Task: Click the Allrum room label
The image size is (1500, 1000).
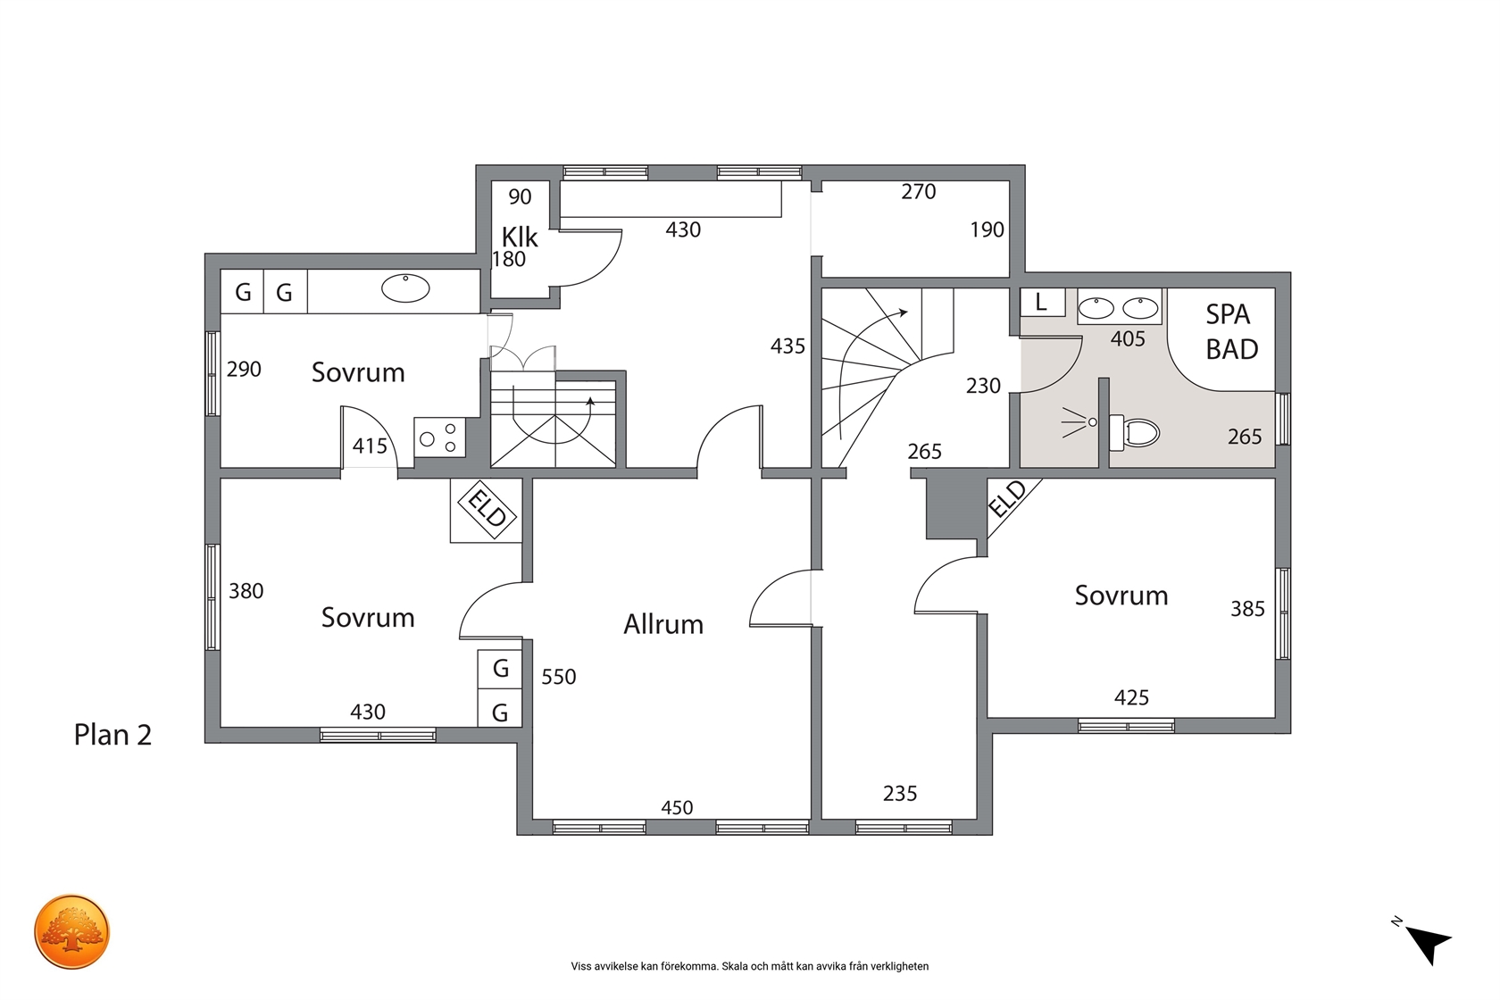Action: click(x=662, y=624)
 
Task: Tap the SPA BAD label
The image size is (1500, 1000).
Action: click(x=1231, y=331)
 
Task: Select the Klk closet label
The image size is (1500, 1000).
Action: click(x=520, y=237)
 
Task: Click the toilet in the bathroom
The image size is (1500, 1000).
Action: click(x=1134, y=432)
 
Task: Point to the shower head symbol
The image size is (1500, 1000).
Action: click(x=1079, y=422)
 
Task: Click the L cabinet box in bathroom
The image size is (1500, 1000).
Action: click(x=1042, y=302)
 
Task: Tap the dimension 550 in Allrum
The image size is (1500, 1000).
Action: click(x=559, y=677)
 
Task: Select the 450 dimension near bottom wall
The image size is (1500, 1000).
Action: click(x=677, y=808)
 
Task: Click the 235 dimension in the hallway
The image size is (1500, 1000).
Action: click(x=899, y=794)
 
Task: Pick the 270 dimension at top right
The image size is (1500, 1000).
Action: click(x=918, y=192)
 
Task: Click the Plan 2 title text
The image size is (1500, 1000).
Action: click(x=112, y=735)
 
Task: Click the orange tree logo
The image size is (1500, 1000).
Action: click(x=71, y=932)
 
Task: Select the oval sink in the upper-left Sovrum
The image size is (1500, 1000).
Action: click(x=405, y=288)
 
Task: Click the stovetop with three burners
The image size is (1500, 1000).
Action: click(x=439, y=437)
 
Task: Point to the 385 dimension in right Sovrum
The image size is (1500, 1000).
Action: click(x=1247, y=609)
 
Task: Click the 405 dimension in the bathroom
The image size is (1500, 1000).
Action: click(x=1128, y=339)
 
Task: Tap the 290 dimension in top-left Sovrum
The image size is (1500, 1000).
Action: click(x=244, y=369)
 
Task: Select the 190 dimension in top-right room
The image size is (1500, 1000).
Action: click(x=987, y=229)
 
